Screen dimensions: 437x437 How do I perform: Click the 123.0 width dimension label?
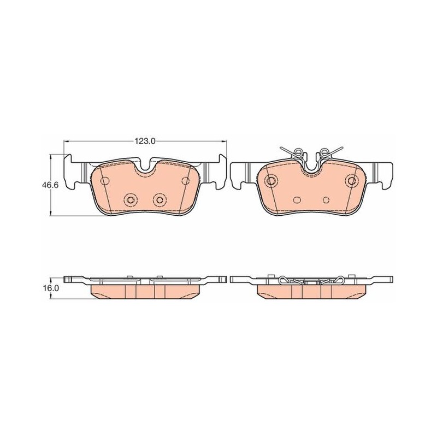pyautogui.click(x=146, y=141)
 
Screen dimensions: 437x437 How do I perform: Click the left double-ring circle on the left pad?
pyautogui.click(x=131, y=199)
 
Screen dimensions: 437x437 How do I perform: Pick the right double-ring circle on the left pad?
pyautogui.click(x=160, y=199)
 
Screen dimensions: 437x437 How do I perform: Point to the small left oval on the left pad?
pyautogui.click(x=104, y=180)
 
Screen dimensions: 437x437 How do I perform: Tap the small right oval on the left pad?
pyautogui.click(x=186, y=180)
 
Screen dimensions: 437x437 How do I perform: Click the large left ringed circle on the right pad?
pyautogui.click(x=269, y=181)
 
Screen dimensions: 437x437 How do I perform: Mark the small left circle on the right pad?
pyautogui.click(x=297, y=199)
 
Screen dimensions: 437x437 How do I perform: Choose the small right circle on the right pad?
pyautogui.click(x=326, y=199)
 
